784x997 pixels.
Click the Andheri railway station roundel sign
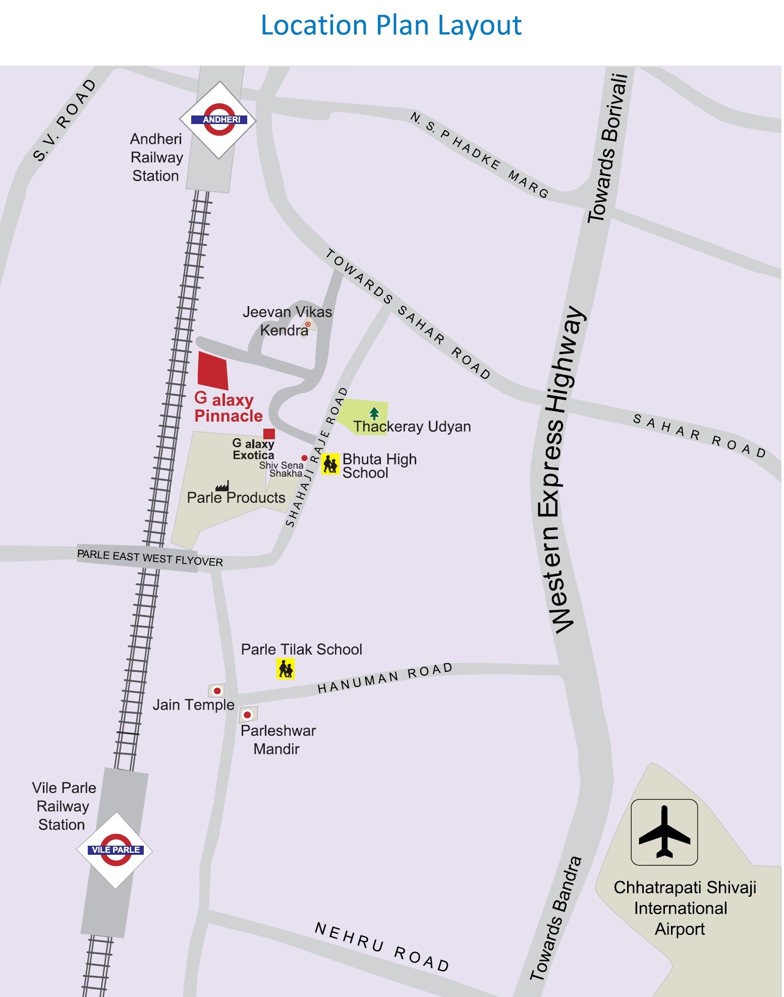[x=218, y=120]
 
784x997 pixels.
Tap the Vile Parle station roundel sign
[x=115, y=850]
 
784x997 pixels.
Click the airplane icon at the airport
[x=664, y=832]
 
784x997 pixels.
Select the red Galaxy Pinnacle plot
[x=212, y=371]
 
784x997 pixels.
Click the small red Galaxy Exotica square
[x=269, y=434]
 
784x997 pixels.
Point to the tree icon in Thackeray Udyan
[x=374, y=414]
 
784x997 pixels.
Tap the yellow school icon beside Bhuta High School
[x=330, y=463]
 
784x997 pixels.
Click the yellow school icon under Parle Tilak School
[x=285, y=669]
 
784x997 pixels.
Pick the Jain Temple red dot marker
[x=217, y=690]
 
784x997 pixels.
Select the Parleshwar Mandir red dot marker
[x=247, y=715]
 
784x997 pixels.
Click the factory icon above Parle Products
[x=222, y=486]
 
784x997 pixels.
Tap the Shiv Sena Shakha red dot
[x=304, y=458]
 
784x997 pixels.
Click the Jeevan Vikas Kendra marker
[x=308, y=324]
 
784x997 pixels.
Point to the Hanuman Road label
[x=384, y=678]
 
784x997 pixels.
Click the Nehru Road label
[x=381, y=947]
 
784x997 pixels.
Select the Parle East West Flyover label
[x=150, y=558]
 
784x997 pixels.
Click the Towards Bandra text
[x=555, y=918]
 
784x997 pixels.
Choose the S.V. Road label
[x=64, y=120]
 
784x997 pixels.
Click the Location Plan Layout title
[x=391, y=25]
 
